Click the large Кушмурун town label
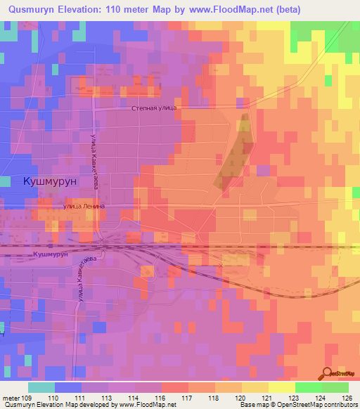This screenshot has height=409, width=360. click(51, 180)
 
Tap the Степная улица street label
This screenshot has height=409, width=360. click(154, 109)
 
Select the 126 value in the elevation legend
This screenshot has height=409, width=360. click(348, 397)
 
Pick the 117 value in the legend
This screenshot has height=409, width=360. click(188, 397)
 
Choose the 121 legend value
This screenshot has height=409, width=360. click(268, 397)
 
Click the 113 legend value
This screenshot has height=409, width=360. click(108, 397)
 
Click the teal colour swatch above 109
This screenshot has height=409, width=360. click(41, 387)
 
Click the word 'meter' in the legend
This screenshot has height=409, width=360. click(10, 397)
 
